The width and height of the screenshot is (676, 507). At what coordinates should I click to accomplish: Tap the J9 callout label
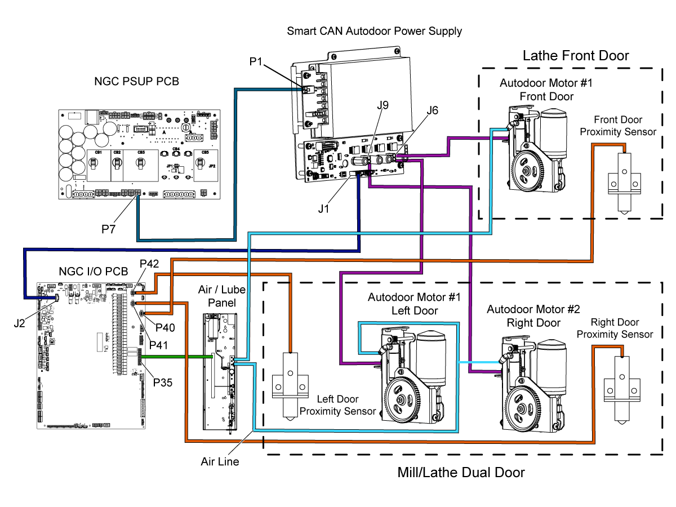click(x=384, y=105)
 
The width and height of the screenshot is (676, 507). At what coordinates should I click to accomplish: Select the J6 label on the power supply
click(x=432, y=111)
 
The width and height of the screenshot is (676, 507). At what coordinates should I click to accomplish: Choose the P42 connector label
click(x=149, y=264)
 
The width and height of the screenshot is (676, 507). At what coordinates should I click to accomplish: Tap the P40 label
click(x=166, y=327)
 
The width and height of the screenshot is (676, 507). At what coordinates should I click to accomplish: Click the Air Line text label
click(x=220, y=462)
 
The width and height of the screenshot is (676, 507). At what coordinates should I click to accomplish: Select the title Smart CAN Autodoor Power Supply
click(x=374, y=31)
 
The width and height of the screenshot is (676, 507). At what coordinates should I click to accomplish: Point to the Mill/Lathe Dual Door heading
click(x=461, y=473)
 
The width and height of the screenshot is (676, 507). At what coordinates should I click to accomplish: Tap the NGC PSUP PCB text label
click(x=137, y=82)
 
